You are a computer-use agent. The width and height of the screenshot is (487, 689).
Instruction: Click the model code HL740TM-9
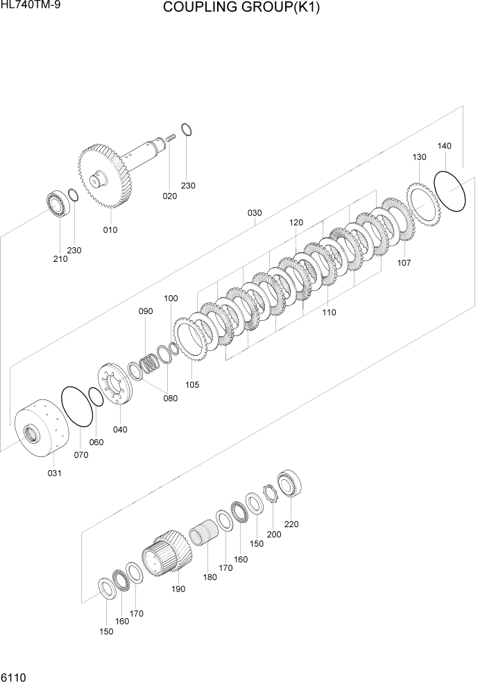pos(29,6)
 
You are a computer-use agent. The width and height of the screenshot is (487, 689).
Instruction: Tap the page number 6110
pos(14,676)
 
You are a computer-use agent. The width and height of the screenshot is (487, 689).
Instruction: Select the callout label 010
pos(110,230)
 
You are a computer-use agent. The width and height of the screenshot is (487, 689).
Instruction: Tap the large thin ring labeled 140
pos(450,190)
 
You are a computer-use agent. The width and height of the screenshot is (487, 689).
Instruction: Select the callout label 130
pos(420,158)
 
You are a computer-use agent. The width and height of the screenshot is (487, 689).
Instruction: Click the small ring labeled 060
pos(96,397)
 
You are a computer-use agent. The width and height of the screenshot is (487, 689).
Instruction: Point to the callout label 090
pos(145,312)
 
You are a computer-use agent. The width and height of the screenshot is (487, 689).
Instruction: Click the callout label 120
pos(296,223)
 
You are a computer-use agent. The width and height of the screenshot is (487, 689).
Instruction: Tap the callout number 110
pos(329,313)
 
